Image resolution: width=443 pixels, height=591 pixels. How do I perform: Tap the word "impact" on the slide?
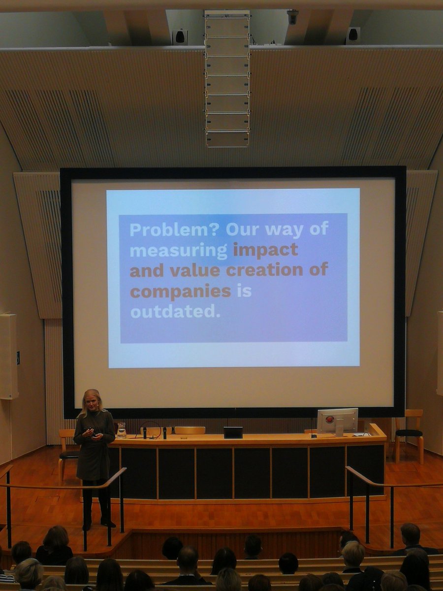pos(265,250)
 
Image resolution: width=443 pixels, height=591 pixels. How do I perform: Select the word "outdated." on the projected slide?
pos(175,312)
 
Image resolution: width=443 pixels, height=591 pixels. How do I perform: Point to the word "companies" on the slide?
pos(180,291)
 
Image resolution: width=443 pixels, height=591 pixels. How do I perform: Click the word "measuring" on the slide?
pos(178,251)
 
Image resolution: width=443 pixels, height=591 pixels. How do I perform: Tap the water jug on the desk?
pos(121,430)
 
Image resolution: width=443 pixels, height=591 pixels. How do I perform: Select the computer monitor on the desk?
pos(337,421)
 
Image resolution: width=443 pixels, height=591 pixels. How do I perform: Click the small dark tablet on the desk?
pos(233,432)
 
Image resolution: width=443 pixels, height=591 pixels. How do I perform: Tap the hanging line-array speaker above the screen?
pos(227,79)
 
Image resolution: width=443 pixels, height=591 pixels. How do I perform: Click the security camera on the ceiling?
pos(292,17)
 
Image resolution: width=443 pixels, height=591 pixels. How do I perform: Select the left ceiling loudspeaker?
pos(179,36)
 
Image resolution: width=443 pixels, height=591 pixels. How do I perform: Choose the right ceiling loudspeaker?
pos(352,35)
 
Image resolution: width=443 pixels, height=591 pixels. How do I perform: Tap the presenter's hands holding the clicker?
pos(93,434)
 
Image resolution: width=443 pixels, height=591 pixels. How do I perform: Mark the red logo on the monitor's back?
pos(330,420)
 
